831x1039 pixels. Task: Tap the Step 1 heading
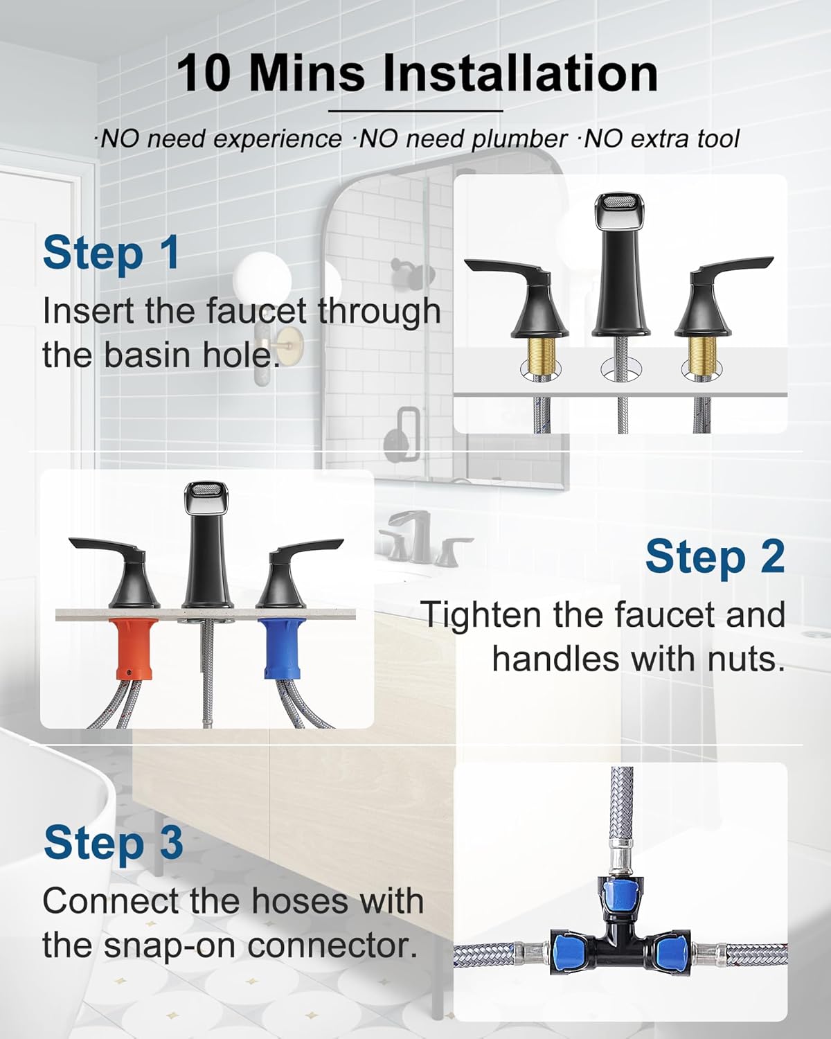coord(111,253)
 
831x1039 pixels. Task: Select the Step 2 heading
coord(715,557)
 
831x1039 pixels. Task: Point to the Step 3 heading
coord(113,843)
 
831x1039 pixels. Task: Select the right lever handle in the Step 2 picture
coord(292,573)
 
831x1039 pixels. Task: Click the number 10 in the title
coord(204,73)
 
